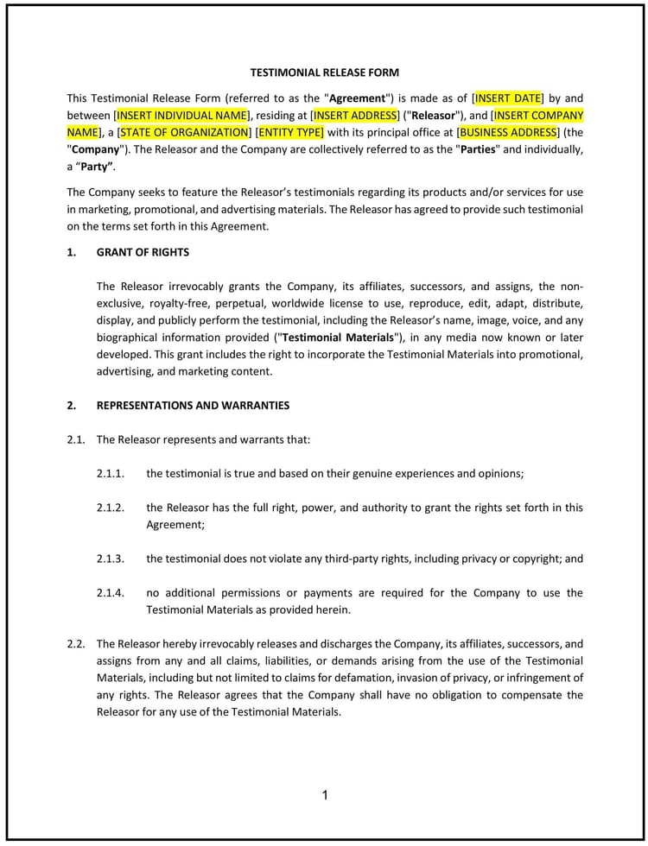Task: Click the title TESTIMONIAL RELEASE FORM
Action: pyautogui.click(x=324, y=73)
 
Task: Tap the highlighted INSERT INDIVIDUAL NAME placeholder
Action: pyautogui.click(x=181, y=115)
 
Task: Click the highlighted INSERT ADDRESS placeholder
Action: pyautogui.click(x=355, y=115)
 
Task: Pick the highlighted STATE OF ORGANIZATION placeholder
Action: pyautogui.click(x=184, y=132)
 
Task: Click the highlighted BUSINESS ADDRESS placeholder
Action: pyautogui.click(x=508, y=132)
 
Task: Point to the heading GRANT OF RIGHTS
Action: pyautogui.click(x=143, y=252)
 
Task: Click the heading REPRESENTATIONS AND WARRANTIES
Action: pyautogui.click(x=193, y=405)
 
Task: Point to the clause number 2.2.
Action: pyautogui.click(x=76, y=644)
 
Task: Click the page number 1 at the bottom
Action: pyautogui.click(x=325, y=795)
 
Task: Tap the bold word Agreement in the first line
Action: pyautogui.click(x=356, y=98)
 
